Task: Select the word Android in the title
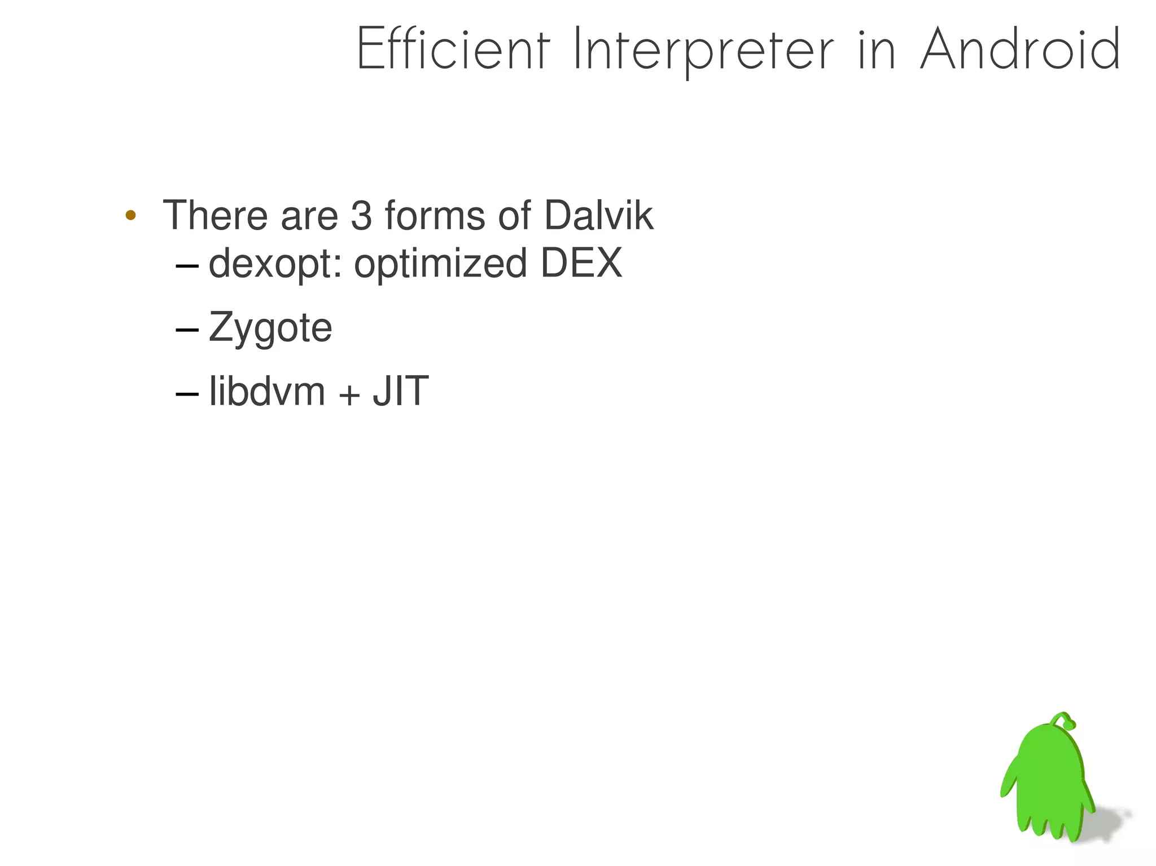point(1020,50)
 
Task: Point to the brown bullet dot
point(130,215)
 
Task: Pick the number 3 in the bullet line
point(361,215)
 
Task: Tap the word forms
point(435,215)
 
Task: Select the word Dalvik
point(598,215)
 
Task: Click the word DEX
point(581,263)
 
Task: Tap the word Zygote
point(270,328)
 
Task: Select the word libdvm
point(267,391)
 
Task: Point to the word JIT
point(401,391)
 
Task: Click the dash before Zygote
point(187,329)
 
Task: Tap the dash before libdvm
point(187,393)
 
